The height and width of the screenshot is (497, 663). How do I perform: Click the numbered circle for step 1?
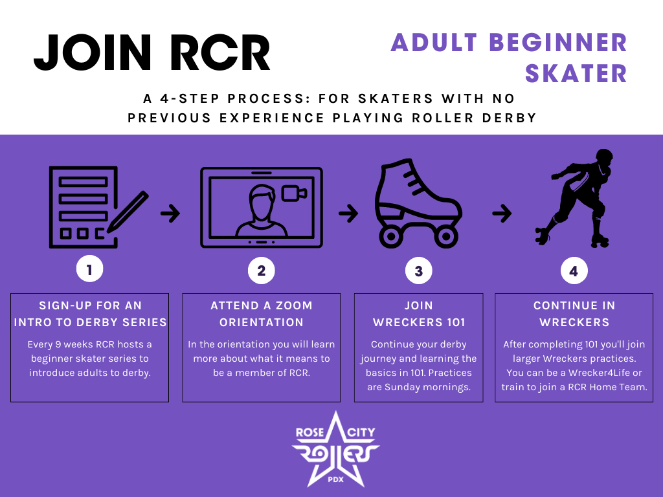coord(89,269)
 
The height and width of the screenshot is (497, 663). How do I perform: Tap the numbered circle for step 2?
coord(262,271)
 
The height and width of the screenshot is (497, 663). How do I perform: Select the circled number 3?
coord(419,271)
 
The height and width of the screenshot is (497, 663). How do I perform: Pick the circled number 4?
coord(574,271)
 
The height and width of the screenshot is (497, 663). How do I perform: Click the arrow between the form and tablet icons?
coord(170,214)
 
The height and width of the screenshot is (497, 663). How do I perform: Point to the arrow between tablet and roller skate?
coord(348,214)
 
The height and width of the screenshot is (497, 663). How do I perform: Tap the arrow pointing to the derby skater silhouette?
coord(502,214)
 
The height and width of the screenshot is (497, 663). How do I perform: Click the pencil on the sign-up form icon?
coord(128,212)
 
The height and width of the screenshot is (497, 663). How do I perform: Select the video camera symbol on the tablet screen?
coord(294,193)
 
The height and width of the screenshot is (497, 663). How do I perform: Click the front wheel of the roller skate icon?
coord(445,237)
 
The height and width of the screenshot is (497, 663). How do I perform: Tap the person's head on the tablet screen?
coord(262,202)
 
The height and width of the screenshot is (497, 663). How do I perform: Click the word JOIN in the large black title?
coord(93,52)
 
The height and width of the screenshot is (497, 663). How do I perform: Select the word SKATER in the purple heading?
coord(576,74)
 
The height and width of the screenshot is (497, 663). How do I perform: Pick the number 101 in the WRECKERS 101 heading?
coord(456,322)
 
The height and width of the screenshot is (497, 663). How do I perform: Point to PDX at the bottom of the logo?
coord(336,480)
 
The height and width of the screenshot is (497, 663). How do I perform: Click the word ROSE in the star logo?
coord(310,432)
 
